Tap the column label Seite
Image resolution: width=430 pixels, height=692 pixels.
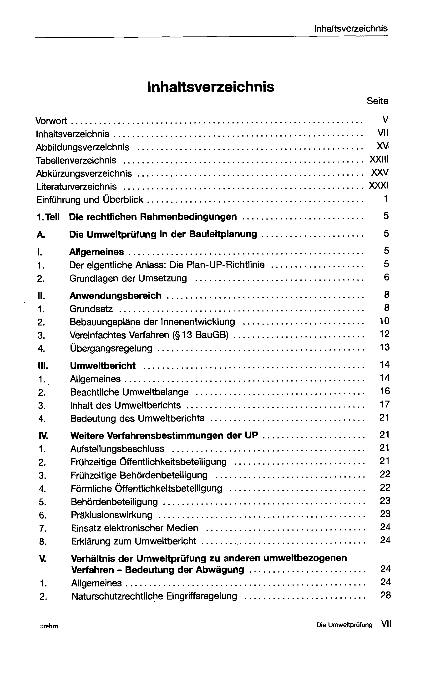pos(377,101)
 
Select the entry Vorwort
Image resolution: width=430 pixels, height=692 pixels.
pos(51,121)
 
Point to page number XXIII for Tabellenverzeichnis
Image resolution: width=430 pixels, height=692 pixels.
pos(379,159)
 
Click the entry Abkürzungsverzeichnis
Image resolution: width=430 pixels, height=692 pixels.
pos(84,173)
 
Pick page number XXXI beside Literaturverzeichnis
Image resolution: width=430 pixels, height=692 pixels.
pos(378,186)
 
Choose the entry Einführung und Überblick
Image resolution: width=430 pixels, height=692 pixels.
pos(90,200)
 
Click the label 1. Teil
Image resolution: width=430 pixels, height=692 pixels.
pos(48,217)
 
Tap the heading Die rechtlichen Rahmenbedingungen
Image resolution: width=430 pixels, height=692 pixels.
pos(153,217)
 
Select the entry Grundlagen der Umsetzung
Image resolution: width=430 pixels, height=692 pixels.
pos(128,278)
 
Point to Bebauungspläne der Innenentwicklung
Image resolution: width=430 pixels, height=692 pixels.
pos(152,322)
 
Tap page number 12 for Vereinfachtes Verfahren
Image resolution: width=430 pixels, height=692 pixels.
pos(384,334)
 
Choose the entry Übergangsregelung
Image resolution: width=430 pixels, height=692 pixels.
pos(111,348)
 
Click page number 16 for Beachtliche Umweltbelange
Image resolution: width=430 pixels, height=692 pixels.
pos(384,391)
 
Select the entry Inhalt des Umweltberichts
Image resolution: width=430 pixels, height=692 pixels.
pos(125,405)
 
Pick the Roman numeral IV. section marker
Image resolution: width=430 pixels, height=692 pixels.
pos(43,436)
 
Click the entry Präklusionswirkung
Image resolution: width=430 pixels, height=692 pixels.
pos(111,515)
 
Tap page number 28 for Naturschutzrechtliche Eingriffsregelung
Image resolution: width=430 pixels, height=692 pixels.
pos(385,595)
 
